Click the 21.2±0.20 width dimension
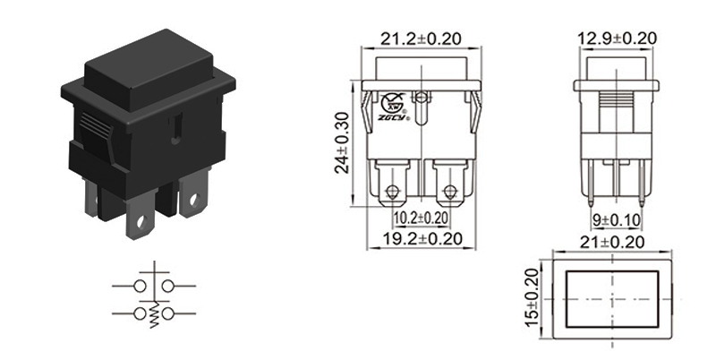tap(421, 39)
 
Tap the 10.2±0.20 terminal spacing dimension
tap(421, 218)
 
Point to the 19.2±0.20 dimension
tap(421, 239)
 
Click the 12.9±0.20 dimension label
tap(617, 39)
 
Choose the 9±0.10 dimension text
tap(617, 219)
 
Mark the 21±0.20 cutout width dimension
tap(612, 243)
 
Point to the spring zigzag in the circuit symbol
tap(153, 316)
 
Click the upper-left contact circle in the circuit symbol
tap(140, 285)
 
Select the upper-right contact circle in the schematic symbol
tap(166, 285)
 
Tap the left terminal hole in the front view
tap(391, 192)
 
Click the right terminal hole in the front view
tap(449, 192)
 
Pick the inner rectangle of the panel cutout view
tap(613, 298)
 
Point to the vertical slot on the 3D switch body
tap(176, 130)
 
